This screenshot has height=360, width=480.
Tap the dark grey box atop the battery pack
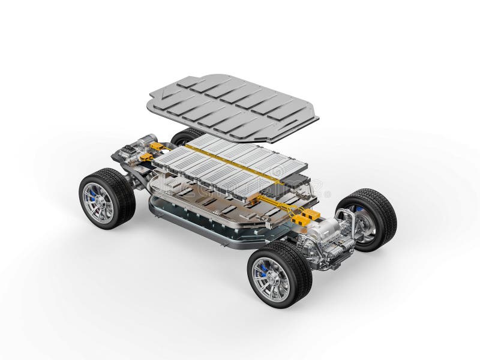coord(294,181)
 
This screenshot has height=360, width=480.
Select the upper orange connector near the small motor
coord(157,146)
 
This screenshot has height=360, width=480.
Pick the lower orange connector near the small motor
coord(145,157)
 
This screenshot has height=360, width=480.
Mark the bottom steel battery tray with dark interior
coord(198,219)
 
